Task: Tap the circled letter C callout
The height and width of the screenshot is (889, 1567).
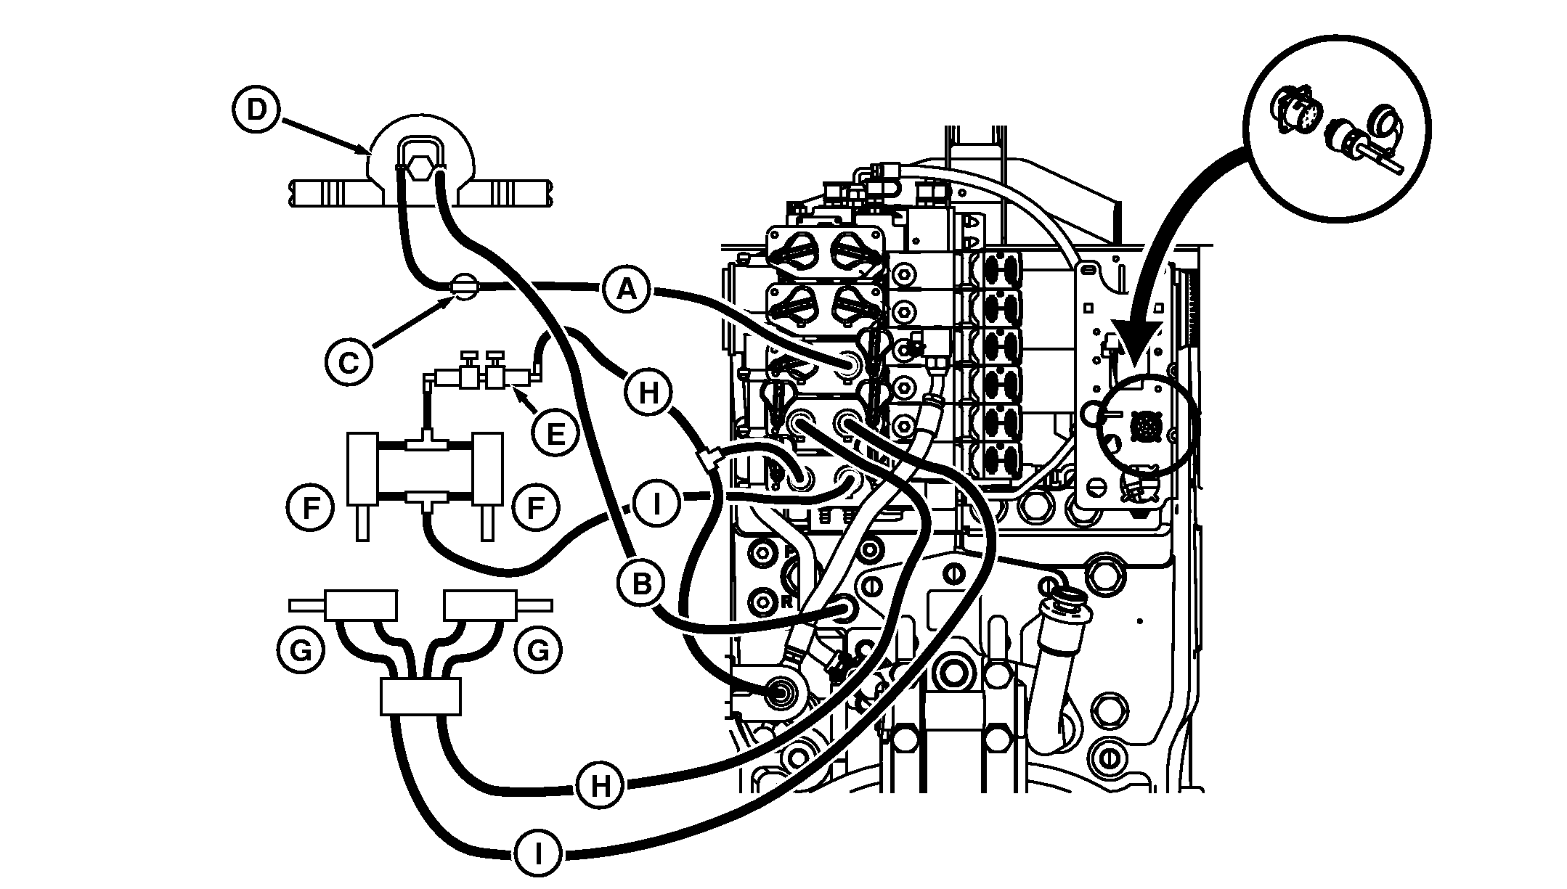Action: pyautogui.click(x=349, y=361)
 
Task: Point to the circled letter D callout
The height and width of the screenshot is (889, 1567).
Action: pyautogui.click(x=256, y=111)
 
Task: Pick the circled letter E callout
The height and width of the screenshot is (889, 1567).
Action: pyautogui.click(x=555, y=433)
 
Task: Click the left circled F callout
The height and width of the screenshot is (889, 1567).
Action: pyautogui.click(x=310, y=508)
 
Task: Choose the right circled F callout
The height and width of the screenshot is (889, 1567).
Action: pyautogui.click(x=536, y=508)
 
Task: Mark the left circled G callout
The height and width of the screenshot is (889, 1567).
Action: pyautogui.click(x=300, y=650)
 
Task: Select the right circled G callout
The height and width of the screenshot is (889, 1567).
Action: pyautogui.click(x=538, y=650)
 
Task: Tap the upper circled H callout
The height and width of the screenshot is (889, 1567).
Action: pyautogui.click(x=648, y=393)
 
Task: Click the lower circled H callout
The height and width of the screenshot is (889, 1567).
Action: pyautogui.click(x=601, y=786)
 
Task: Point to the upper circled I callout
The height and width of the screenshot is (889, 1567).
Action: pyautogui.click(x=656, y=504)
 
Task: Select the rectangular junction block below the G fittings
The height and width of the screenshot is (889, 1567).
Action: pyautogui.click(x=420, y=697)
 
